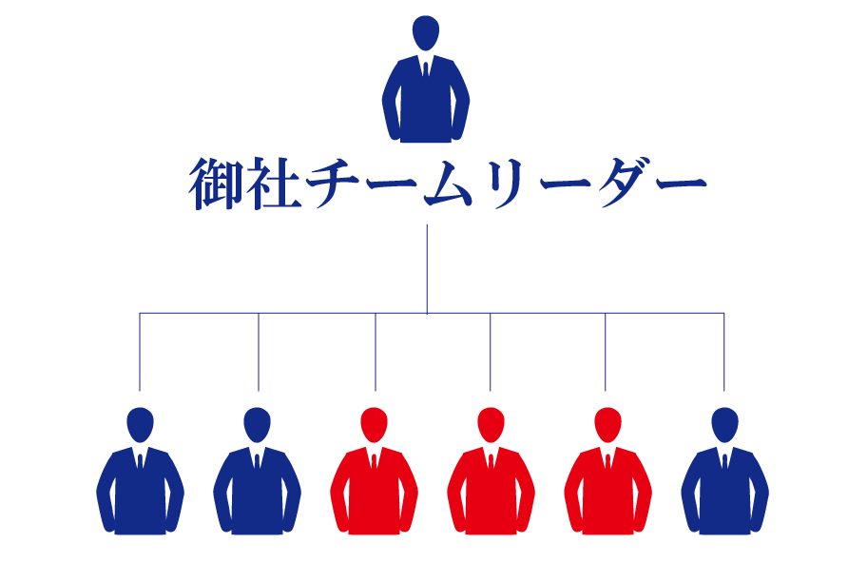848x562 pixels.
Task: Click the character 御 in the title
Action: (x=218, y=184)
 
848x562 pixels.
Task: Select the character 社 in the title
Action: (x=275, y=184)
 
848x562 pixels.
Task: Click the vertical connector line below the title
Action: (x=427, y=266)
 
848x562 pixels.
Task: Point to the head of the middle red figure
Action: (x=491, y=422)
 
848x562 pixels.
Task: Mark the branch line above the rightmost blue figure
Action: (x=724, y=352)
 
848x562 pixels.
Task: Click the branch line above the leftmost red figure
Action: (x=376, y=352)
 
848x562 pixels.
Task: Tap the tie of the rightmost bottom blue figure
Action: (x=724, y=461)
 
